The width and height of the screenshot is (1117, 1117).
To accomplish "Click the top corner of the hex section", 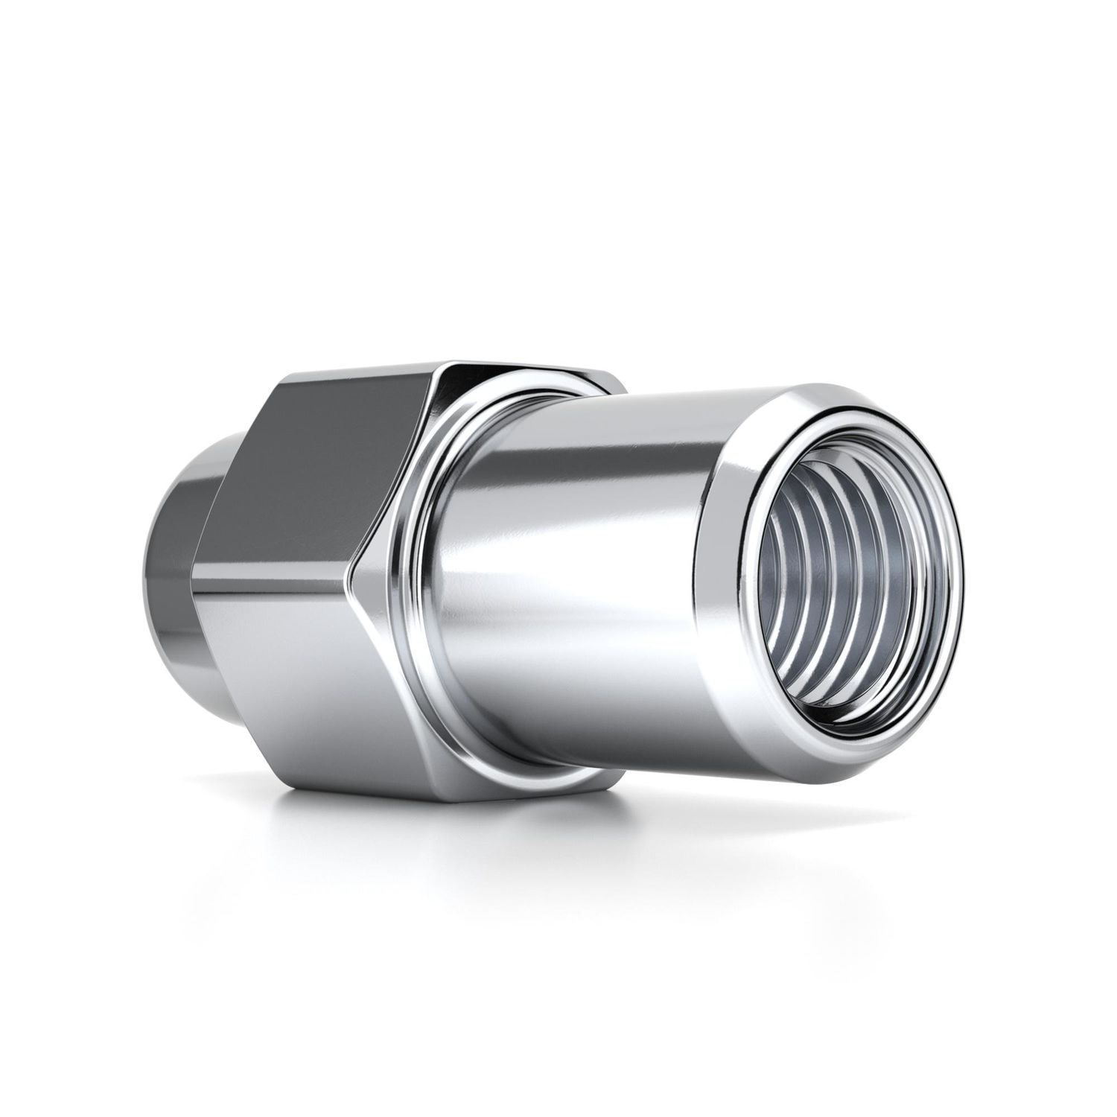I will tap(462, 360).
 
